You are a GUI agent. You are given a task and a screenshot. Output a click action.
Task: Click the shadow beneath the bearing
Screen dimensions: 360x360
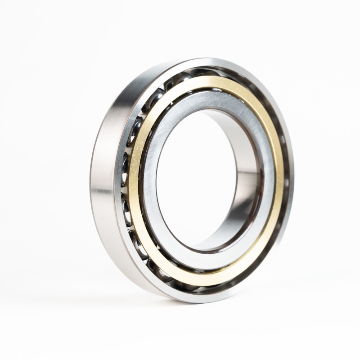pos(180,310)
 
